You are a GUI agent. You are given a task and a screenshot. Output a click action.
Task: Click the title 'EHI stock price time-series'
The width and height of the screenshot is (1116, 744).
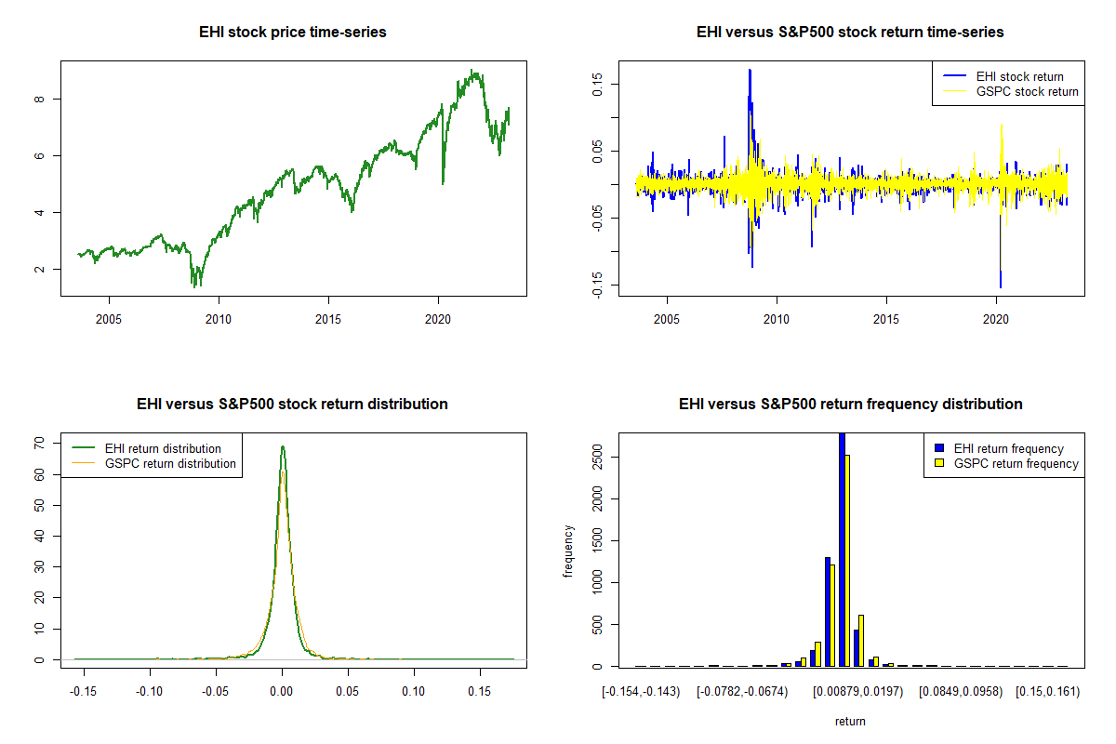coord(292,33)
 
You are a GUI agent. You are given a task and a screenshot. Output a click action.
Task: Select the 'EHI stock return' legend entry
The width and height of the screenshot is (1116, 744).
coord(1019,76)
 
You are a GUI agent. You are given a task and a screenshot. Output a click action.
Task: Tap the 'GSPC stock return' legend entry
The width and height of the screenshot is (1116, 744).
coord(1027,91)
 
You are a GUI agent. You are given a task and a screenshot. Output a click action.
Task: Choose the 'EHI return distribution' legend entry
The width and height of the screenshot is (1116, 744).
coord(163,448)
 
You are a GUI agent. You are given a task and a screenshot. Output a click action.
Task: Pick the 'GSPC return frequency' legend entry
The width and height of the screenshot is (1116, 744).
coord(1016,463)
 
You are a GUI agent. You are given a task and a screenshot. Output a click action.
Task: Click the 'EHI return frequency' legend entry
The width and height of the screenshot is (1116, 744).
coord(1008,448)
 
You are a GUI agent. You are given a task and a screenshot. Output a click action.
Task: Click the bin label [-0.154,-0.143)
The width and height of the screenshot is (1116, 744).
coord(641,691)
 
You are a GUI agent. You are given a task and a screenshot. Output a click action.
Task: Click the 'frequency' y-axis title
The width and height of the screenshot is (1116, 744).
coord(569,551)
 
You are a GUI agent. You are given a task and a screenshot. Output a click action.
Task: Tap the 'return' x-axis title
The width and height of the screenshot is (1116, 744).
coord(850,721)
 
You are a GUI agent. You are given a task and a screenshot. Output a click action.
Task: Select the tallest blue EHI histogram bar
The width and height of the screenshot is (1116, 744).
coord(842,549)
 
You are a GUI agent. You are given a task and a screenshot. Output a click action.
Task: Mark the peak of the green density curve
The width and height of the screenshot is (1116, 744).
coord(282,447)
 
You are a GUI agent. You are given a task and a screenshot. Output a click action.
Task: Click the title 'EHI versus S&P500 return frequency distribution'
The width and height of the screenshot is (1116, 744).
coord(850,405)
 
